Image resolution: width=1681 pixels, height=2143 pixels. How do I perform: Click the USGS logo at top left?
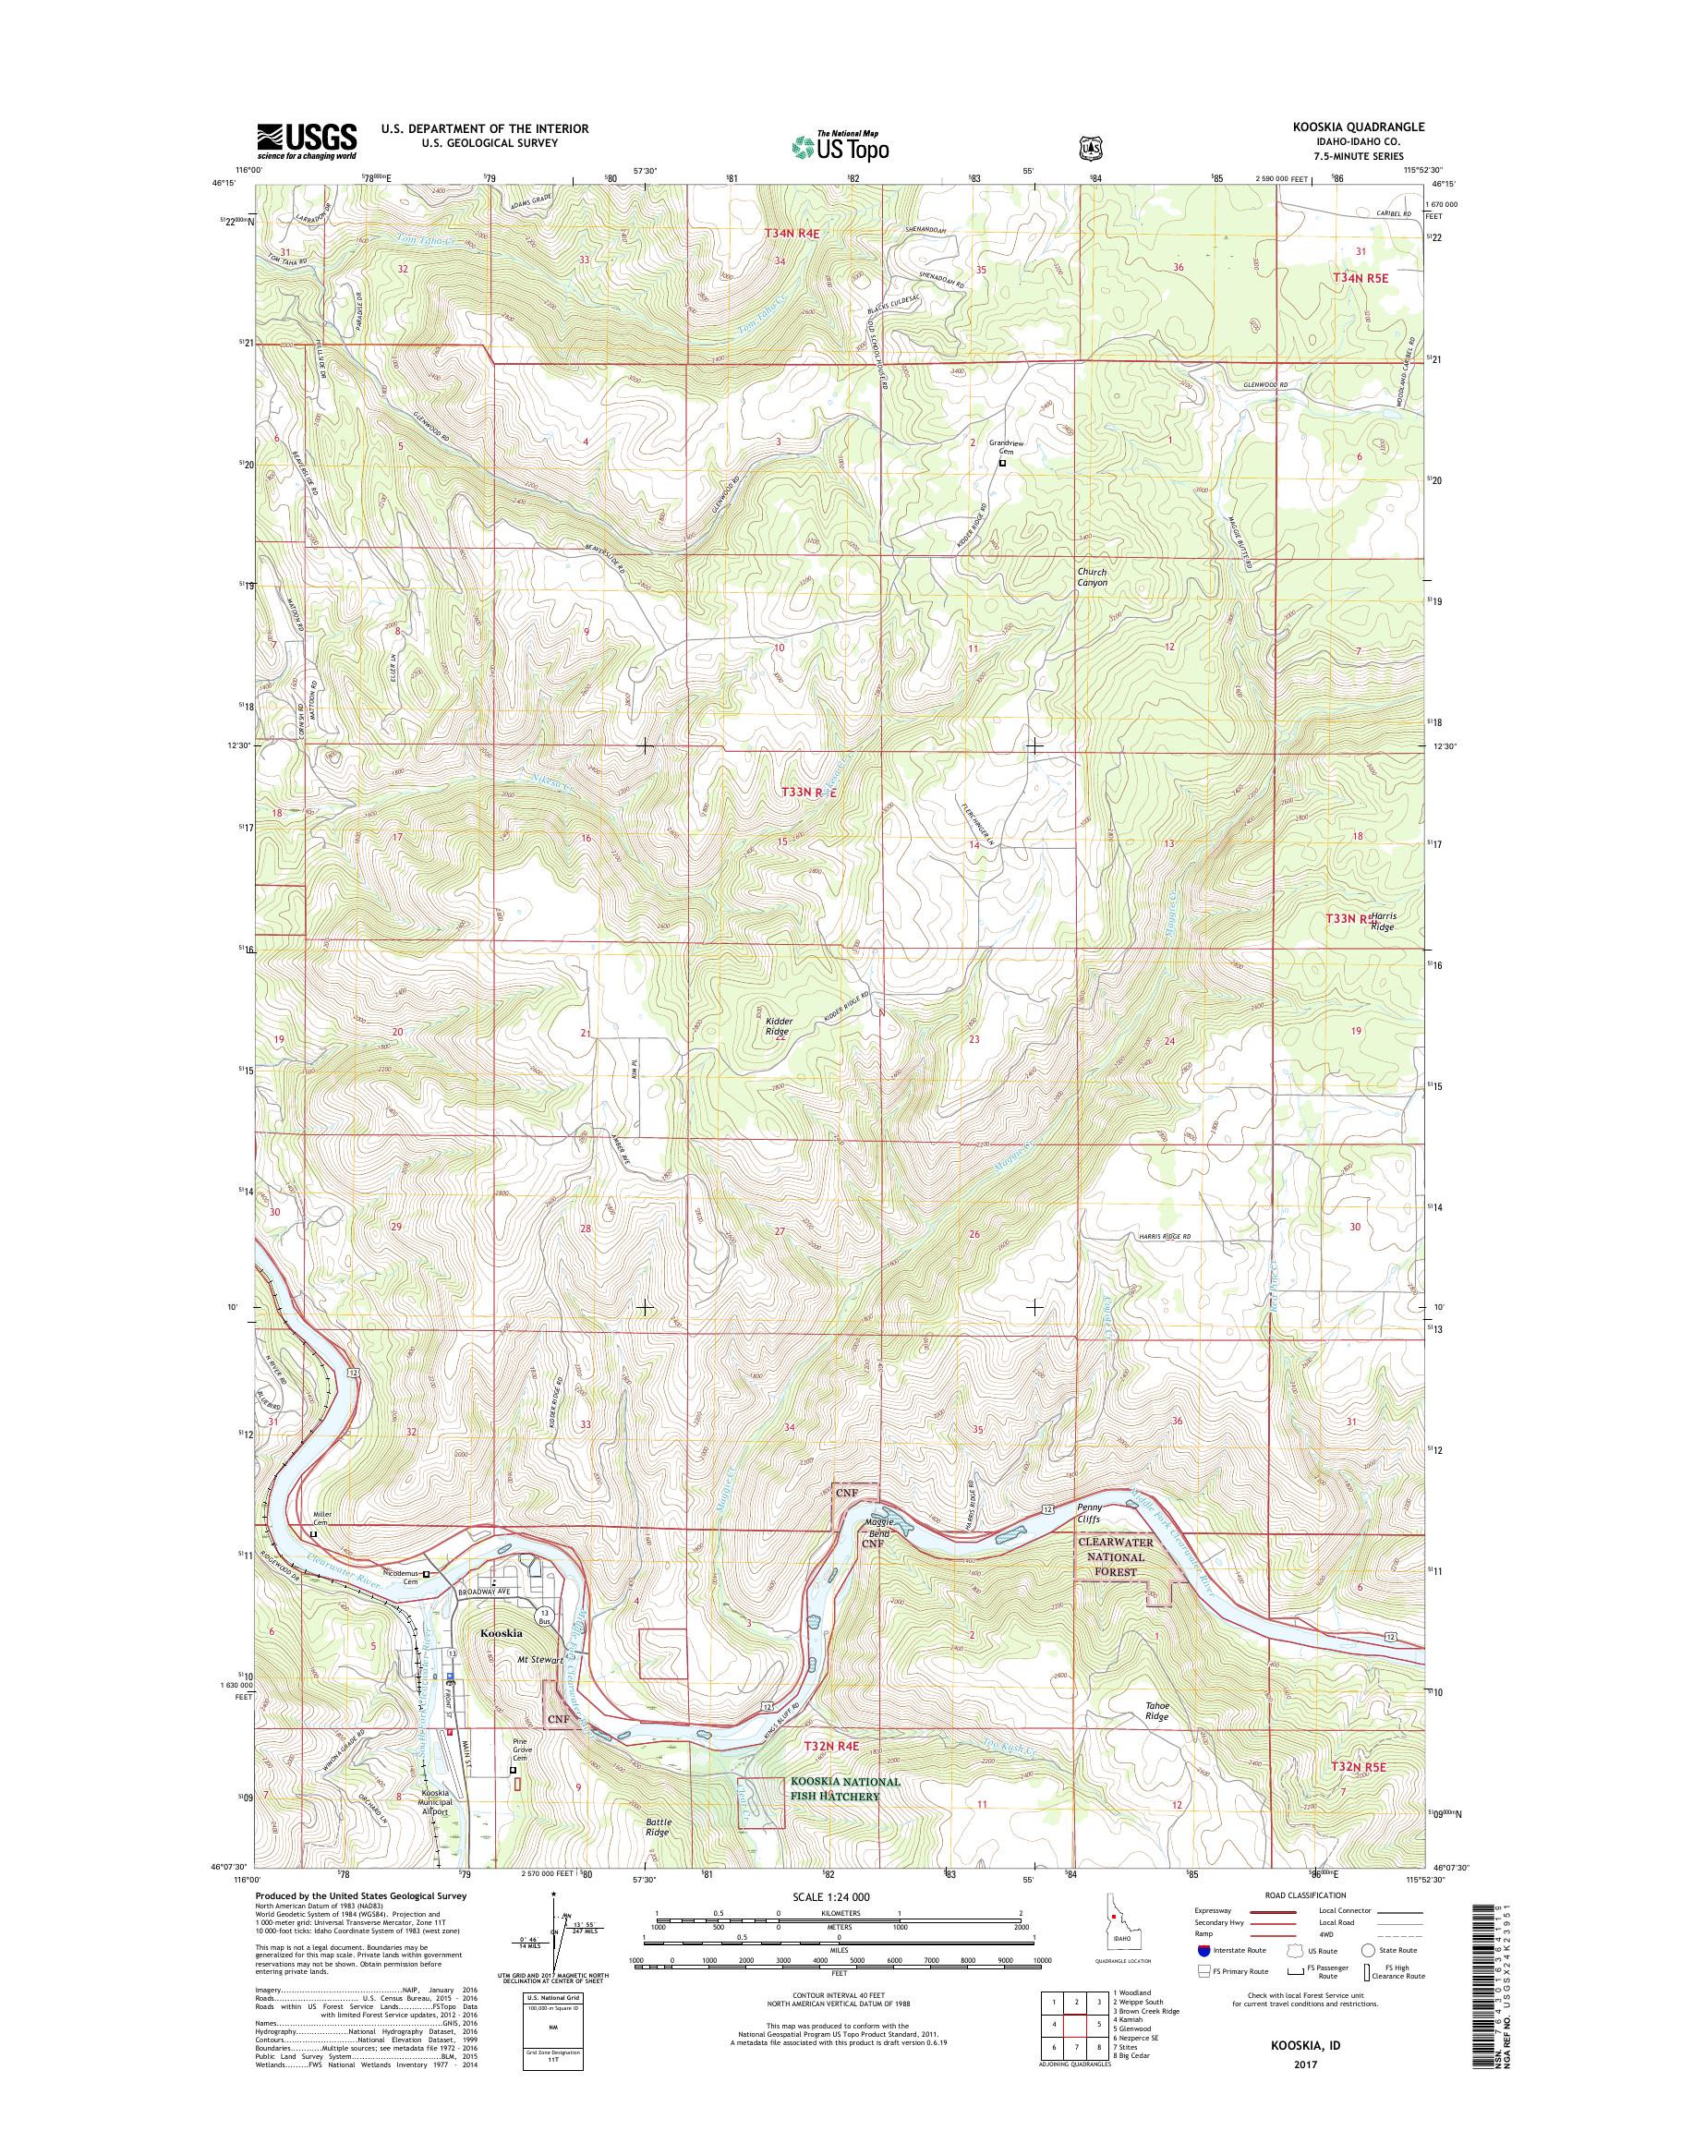[x=306, y=140]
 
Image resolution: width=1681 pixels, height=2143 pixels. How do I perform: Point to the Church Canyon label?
[x=1091, y=576]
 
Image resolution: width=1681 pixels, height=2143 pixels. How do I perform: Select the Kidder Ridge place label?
[x=780, y=1027]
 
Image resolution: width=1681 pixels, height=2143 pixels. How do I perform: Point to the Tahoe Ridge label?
[x=1156, y=1711]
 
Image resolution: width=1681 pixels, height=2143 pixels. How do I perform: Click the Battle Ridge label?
[x=659, y=1827]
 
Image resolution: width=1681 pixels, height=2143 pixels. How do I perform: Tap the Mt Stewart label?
[x=540, y=1660]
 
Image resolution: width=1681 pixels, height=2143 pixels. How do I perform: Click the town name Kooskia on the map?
[x=501, y=1632]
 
